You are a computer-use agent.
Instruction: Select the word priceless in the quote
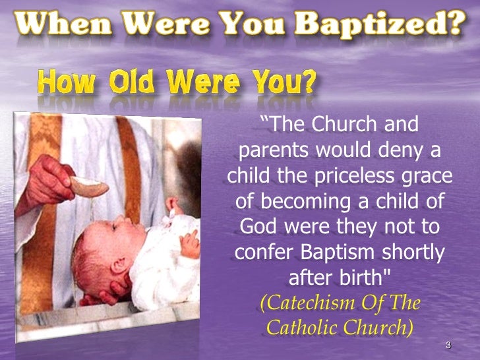[x=344, y=177]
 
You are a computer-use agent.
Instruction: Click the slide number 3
[x=448, y=345]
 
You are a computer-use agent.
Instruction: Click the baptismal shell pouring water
[x=88, y=186]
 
